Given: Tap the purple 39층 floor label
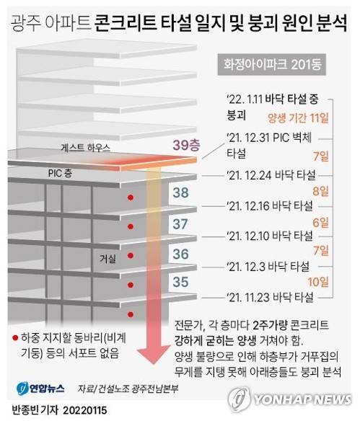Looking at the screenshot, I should tap(186, 145).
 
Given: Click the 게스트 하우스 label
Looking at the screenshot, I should tap(85, 147).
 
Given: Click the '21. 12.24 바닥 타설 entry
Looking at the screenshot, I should tap(270, 174).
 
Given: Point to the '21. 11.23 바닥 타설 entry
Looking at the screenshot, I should tap(270, 296).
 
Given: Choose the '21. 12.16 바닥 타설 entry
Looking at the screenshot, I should tap(270, 205).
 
